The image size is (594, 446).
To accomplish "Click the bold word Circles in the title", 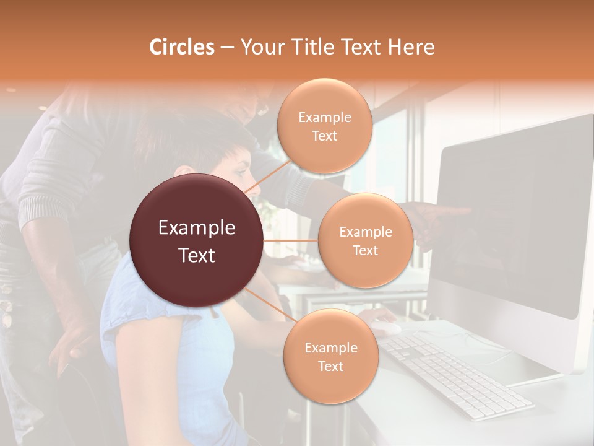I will pyautogui.click(x=181, y=47).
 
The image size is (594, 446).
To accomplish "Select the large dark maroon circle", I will pyautogui.click(x=196, y=240).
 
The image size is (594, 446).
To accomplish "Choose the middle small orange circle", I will pyautogui.click(x=365, y=240).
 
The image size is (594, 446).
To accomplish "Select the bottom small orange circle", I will pyautogui.click(x=330, y=357).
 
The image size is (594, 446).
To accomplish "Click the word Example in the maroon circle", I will pyautogui.click(x=196, y=228).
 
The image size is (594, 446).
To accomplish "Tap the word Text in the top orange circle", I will pyautogui.click(x=324, y=136).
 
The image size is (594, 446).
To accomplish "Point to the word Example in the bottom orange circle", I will pyautogui.click(x=330, y=348).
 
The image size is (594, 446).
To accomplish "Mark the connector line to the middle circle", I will pyautogui.click(x=291, y=240).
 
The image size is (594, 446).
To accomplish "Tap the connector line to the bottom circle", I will pyautogui.click(x=270, y=306).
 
